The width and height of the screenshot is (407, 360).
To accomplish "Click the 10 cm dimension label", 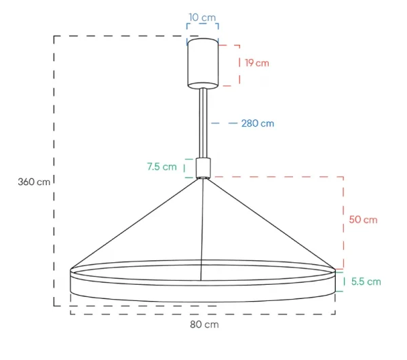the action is (202, 18).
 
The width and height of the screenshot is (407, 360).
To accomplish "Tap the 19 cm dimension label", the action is (257, 63).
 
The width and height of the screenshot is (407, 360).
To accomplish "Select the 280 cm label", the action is (258, 123).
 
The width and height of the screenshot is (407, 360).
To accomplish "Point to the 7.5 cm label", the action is (162, 167).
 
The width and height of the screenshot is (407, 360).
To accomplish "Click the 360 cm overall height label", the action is (34, 182).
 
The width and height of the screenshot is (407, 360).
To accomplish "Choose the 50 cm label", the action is (363, 220).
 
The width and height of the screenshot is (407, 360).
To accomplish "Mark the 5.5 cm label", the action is (366, 281).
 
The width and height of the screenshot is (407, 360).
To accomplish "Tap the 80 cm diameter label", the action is (204, 325).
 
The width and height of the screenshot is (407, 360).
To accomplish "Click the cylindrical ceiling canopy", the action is (203, 64).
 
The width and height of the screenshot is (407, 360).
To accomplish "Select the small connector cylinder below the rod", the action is (203, 168).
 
